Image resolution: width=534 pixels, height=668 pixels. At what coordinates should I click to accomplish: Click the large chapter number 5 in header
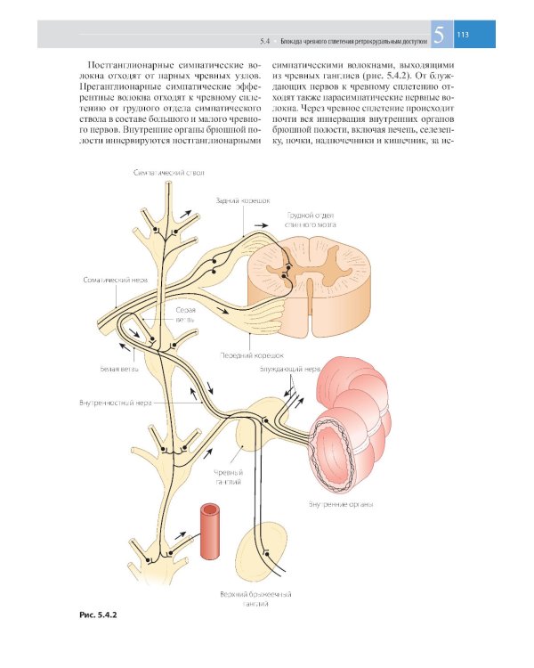point(439,37)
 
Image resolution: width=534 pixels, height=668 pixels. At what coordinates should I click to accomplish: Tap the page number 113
point(463,36)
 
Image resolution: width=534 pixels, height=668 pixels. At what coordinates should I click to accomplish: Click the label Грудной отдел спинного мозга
point(310,221)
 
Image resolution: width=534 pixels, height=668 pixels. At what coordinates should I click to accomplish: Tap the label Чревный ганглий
point(229,477)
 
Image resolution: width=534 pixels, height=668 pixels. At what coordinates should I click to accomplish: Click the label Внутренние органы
point(341,505)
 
